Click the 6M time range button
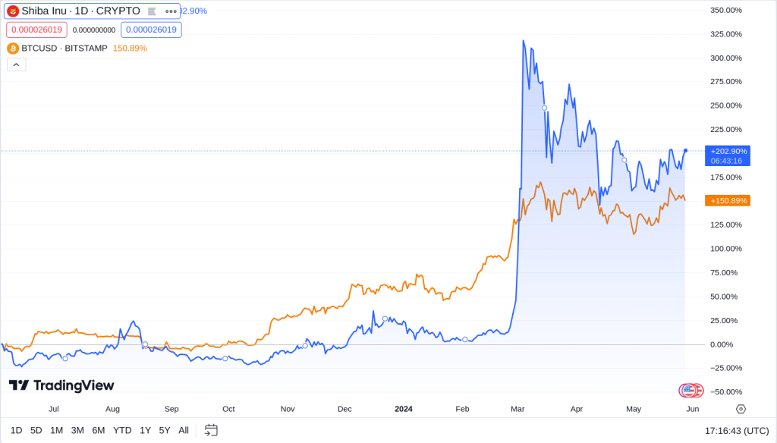pos(99,430)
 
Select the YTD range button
pos(122,430)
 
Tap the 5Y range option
pos(165,430)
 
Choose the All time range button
pos(184,430)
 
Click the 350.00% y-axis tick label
pos(726,10)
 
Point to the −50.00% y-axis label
pos(726,391)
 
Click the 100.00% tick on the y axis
pos(726,249)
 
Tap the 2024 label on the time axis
pos(404,409)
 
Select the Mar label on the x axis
pos(517,409)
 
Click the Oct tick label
pos(228,409)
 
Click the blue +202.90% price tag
pos(727,151)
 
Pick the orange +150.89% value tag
pos(727,200)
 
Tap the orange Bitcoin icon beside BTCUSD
pos(13,48)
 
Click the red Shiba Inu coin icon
pos(13,11)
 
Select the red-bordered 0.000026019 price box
pos(36,30)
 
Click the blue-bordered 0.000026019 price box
pos(151,30)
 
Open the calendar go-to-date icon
pos(211,430)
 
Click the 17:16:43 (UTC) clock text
pos(736,430)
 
